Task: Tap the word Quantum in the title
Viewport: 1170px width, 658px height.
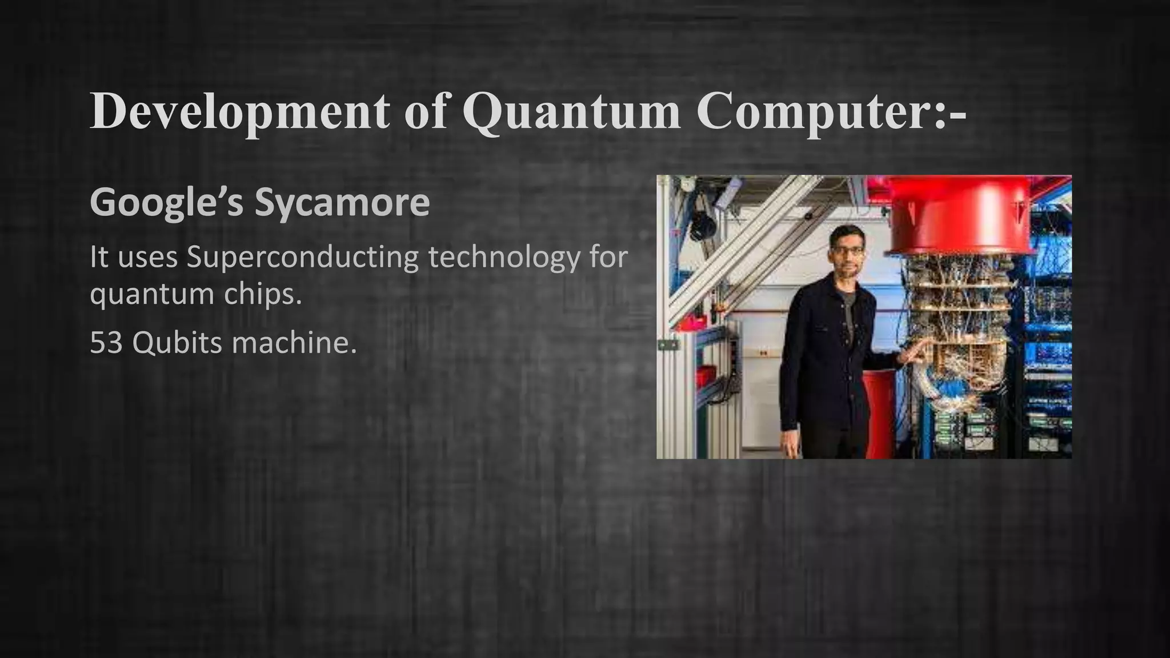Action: pos(571,112)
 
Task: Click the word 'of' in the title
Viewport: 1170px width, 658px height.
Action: pos(426,112)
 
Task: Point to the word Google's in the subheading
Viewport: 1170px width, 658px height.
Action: pos(166,203)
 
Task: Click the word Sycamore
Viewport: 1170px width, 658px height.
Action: pos(342,203)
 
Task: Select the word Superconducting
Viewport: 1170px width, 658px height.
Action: pos(303,258)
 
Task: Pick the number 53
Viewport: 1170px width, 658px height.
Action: pos(106,343)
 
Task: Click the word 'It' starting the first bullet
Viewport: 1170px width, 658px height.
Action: pos(98,258)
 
